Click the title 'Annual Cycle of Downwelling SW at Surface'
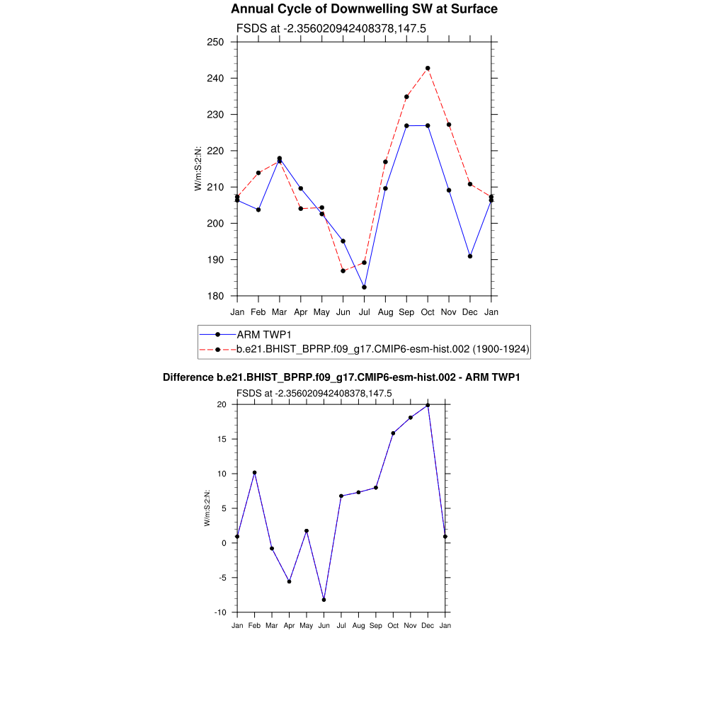click(364, 9)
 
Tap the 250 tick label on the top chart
click(216, 42)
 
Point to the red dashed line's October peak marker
click(428, 68)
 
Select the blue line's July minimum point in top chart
click(364, 287)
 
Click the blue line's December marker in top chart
click(470, 256)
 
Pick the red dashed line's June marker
click(343, 270)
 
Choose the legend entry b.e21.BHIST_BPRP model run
click(382, 349)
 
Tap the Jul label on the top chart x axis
click(364, 312)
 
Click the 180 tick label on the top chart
click(216, 296)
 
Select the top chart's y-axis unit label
click(198, 169)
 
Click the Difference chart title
click(341, 377)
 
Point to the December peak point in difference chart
click(428, 405)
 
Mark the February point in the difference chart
click(254, 472)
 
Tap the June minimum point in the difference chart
click(324, 600)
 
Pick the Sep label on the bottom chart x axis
click(375, 625)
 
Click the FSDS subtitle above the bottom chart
click(314, 393)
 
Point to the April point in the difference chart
click(289, 581)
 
